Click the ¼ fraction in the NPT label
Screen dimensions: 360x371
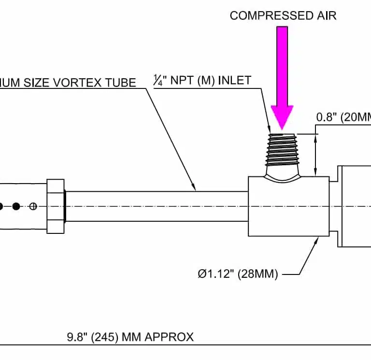[x=158, y=81]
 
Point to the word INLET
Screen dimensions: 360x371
[x=235, y=80]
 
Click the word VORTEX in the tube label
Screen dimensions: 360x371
[x=77, y=83]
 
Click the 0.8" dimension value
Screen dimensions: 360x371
[x=327, y=117]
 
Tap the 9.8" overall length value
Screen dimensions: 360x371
[x=75, y=337]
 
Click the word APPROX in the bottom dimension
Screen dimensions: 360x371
[x=172, y=337]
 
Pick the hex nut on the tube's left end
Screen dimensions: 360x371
[x=56, y=206]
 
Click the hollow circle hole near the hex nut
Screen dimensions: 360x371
[x=33, y=206]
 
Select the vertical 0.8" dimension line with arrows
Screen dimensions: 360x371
[x=316, y=155]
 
